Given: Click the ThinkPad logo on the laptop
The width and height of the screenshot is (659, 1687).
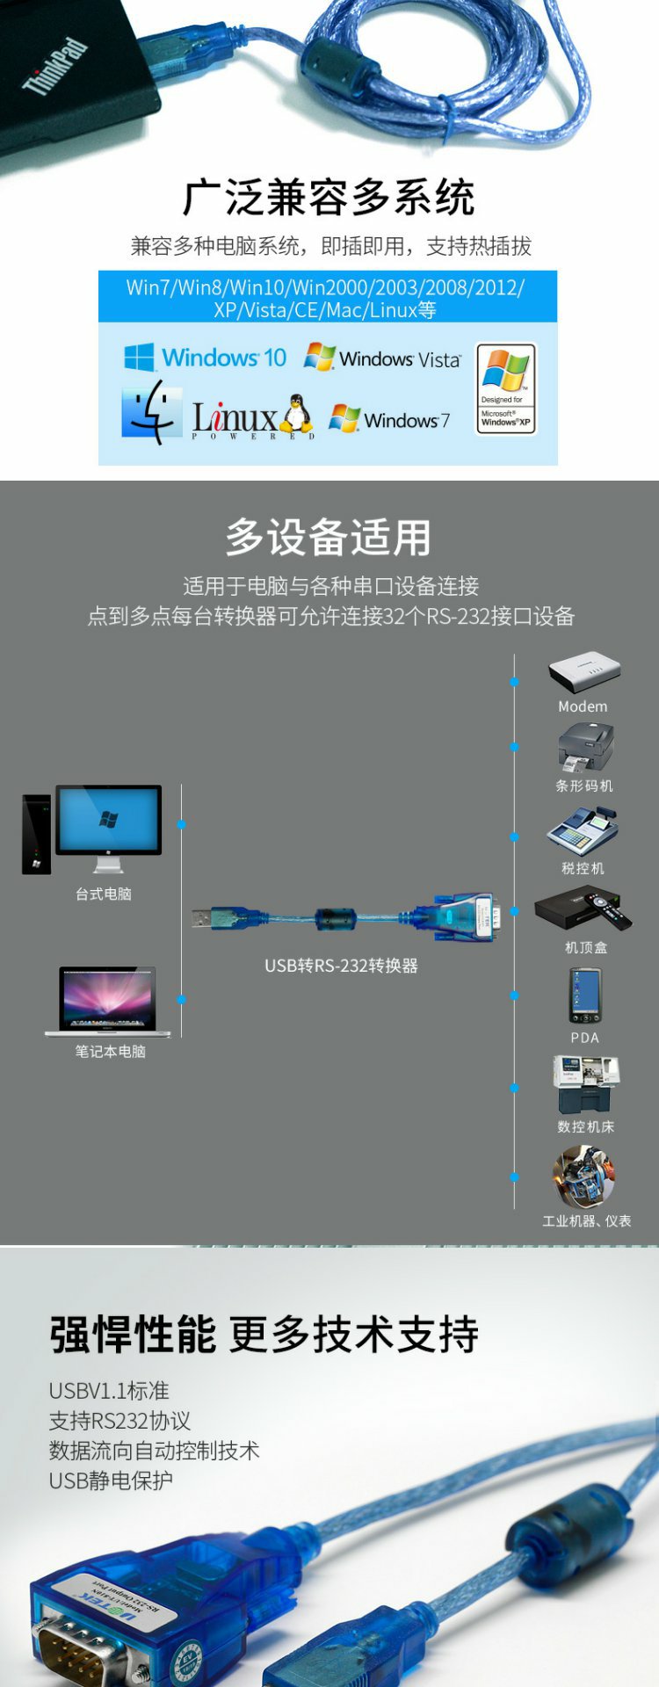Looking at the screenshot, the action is (55, 66).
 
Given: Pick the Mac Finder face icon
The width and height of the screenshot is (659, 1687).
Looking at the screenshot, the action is (151, 412).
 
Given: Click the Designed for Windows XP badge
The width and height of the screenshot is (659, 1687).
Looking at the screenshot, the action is (505, 389).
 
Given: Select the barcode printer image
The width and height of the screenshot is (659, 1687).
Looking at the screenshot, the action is (584, 748).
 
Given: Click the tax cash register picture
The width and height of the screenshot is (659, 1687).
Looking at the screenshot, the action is (582, 830).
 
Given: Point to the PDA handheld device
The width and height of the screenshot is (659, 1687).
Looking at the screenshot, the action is (584, 996).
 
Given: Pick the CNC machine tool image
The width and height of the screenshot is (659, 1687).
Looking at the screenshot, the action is (585, 1084).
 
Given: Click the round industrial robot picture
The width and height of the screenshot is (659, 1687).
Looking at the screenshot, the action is (583, 1177).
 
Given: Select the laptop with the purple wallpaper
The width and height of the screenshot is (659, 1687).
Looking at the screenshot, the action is (107, 1000).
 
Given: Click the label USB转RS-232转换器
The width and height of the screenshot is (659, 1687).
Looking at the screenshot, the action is (341, 966).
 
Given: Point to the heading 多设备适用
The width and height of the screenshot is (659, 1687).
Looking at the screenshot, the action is (329, 537).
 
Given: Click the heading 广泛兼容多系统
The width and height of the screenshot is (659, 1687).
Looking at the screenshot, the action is (329, 198).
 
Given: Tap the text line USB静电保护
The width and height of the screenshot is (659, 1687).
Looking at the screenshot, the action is (111, 1481).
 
